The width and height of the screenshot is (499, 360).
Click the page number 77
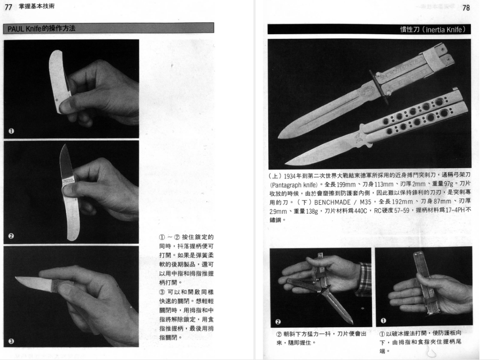8,7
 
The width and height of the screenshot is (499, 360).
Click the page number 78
466,7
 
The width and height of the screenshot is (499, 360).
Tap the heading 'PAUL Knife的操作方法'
41,28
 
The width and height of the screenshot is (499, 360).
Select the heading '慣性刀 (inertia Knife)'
433,30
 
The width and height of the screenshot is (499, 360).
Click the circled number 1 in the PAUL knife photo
11,131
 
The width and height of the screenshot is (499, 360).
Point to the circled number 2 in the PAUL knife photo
11,236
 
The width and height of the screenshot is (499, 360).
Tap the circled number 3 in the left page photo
11,341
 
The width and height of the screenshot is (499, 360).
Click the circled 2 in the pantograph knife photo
278,321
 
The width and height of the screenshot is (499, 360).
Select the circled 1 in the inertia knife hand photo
383,320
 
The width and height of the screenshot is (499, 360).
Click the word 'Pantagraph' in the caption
286,185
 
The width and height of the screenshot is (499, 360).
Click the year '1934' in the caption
290,176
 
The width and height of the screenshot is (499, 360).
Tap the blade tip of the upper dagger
279,137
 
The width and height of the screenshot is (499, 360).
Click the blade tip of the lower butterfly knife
286,164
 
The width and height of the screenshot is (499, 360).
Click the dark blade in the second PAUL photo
66,163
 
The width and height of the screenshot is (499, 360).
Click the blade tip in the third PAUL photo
16,278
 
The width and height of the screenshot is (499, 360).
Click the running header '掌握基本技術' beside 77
36,6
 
